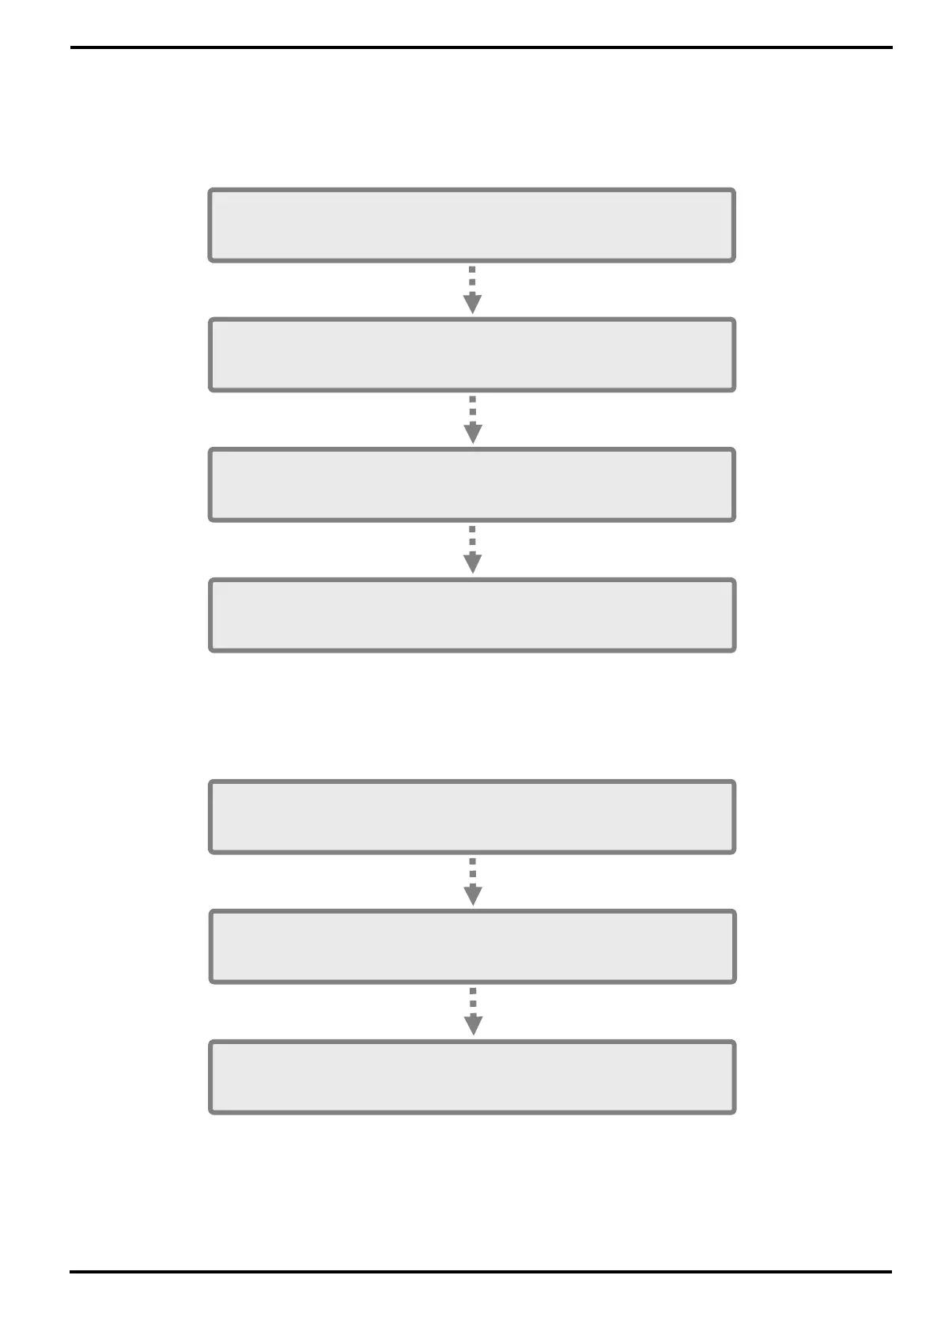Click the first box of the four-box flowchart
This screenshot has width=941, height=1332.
pyautogui.click(x=471, y=225)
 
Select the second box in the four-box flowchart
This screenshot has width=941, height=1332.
pyautogui.click(x=471, y=355)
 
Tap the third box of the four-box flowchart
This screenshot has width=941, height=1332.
pyautogui.click(x=471, y=485)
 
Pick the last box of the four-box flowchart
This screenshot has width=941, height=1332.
pyautogui.click(x=471, y=615)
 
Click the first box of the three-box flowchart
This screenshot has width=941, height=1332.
pyautogui.click(x=471, y=817)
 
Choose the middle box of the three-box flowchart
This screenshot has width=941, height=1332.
pyautogui.click(x=472, y=947)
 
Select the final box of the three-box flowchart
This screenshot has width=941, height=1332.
pyautogui.click(x=471, y=1077)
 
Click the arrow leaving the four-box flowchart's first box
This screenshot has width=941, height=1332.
pyautogui.click(x=472, y=289)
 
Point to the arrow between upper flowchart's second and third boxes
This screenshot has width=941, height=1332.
pyautogui.click(x=472, y=419)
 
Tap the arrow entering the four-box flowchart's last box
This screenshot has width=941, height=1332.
pyautogui.click(x=472, y=550)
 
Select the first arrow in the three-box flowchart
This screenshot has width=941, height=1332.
pyautogui.click(x=472, y=881)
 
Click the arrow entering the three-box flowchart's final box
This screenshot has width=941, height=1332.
pyautogui.click(x=473, y=1012)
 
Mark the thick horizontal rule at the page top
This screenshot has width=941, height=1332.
pyautogui.click(x=481, y=47)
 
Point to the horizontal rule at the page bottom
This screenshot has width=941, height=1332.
pyautogui.click(x=481, y=1272)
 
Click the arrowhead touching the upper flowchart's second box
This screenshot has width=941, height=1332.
pyautogui.click(x=472, y=304)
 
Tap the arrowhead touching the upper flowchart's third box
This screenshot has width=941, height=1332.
pyautogui.click(x=472, y=433)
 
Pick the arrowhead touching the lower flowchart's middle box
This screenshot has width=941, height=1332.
pyautogui.click(x=472, y=895)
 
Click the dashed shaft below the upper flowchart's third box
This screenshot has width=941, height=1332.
pyautogui.click(x=472, y=538)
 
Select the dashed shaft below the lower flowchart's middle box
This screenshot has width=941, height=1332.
pyautogui.click(x=473, y=1000)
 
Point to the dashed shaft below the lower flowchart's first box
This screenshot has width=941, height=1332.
pyautogui.click(x=472, y=869)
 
